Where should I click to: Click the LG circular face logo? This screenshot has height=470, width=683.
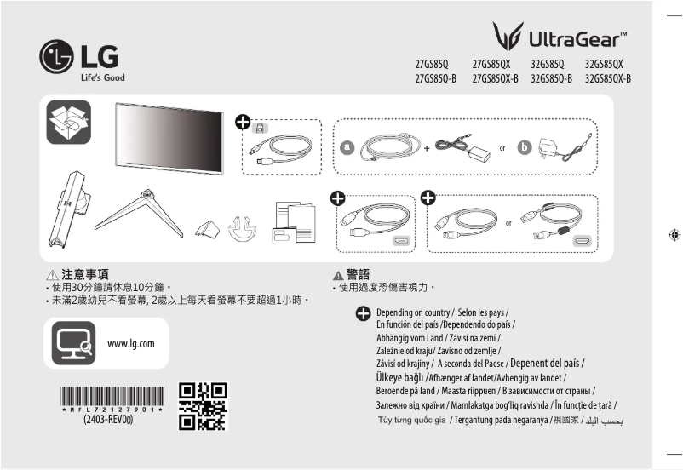(x=57, y=58)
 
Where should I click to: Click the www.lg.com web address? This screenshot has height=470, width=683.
(x=131, y=344)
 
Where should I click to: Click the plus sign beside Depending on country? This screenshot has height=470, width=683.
(x=363, y=313)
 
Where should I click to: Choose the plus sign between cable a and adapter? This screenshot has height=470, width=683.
(x=427, y=148)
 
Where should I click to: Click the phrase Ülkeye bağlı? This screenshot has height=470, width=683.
(x=399, y=376)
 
